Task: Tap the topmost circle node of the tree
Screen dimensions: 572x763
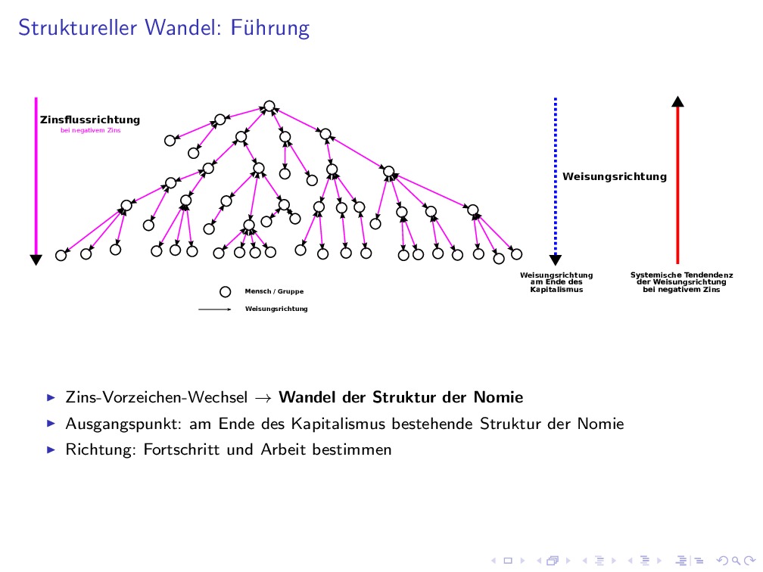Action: (269, 106)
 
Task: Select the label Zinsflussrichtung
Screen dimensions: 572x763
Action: (90, 120)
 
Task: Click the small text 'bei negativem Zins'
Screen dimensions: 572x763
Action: (90, 130)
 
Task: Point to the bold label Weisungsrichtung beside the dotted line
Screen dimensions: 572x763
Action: (615, 176)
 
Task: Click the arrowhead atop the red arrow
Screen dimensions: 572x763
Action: (677, 101)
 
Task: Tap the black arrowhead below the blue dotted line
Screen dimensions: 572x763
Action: (556, 260)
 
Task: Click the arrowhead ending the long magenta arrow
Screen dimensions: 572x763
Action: (36, 260)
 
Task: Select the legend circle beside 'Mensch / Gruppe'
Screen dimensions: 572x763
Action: (225, 291)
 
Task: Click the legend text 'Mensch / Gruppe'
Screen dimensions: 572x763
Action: (274, 291)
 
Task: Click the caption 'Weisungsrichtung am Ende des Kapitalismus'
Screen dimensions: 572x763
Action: (556, 282)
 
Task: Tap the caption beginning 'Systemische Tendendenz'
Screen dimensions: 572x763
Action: (681, 282)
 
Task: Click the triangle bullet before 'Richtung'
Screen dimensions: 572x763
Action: (51, 449)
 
